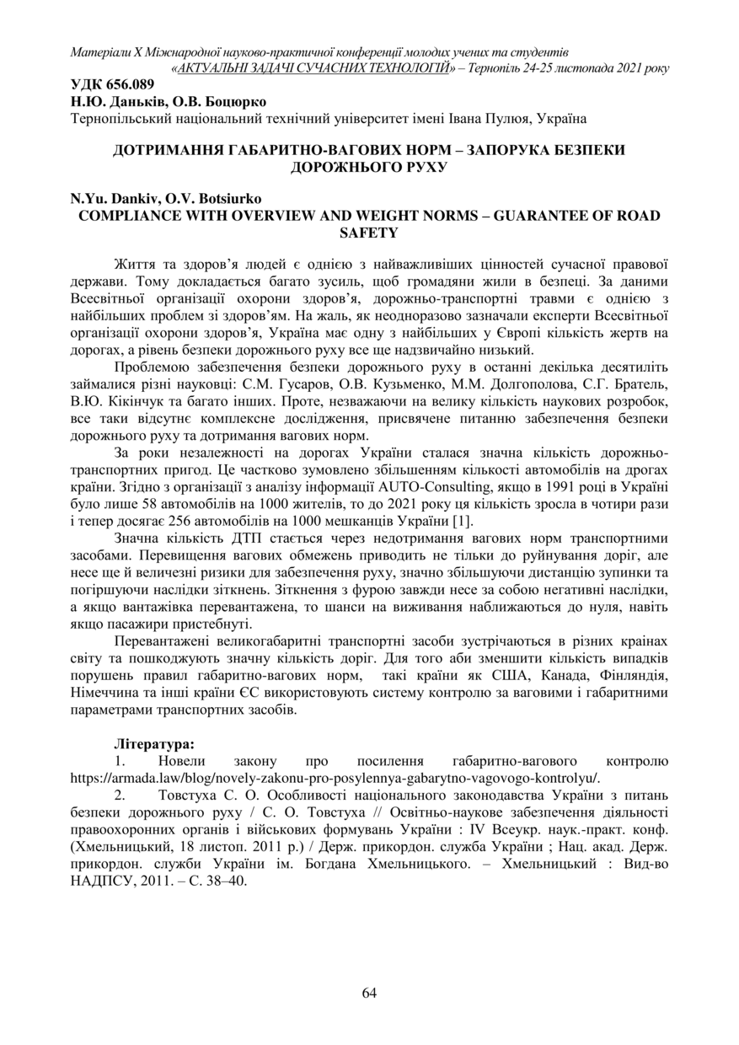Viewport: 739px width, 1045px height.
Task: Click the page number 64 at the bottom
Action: pos(369,992)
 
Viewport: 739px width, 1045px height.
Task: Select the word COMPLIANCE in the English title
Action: pos(128,215)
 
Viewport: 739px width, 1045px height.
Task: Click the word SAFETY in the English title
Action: pos(369,232)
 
